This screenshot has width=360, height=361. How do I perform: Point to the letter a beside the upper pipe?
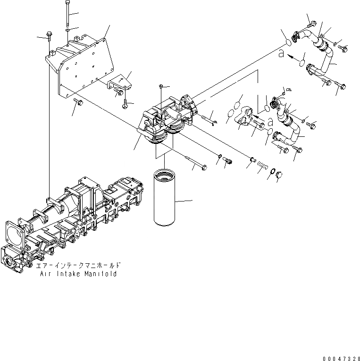coord(281,54)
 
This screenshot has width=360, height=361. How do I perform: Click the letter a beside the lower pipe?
coord(270,122)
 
